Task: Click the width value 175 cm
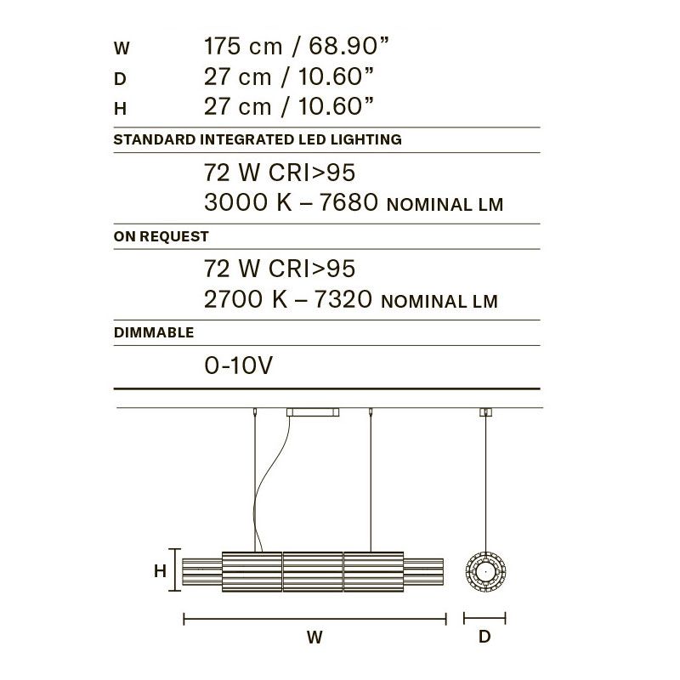tap(243, 47)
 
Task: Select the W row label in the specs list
tap(122, 48)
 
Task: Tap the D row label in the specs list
tap(120, 79)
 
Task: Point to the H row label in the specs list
tap(120, 109)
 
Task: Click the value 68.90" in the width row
tap(348, 47)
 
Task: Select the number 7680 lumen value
tap(348, 202)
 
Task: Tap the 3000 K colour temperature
tap(247, 202)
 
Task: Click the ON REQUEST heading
tap(161, 236)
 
